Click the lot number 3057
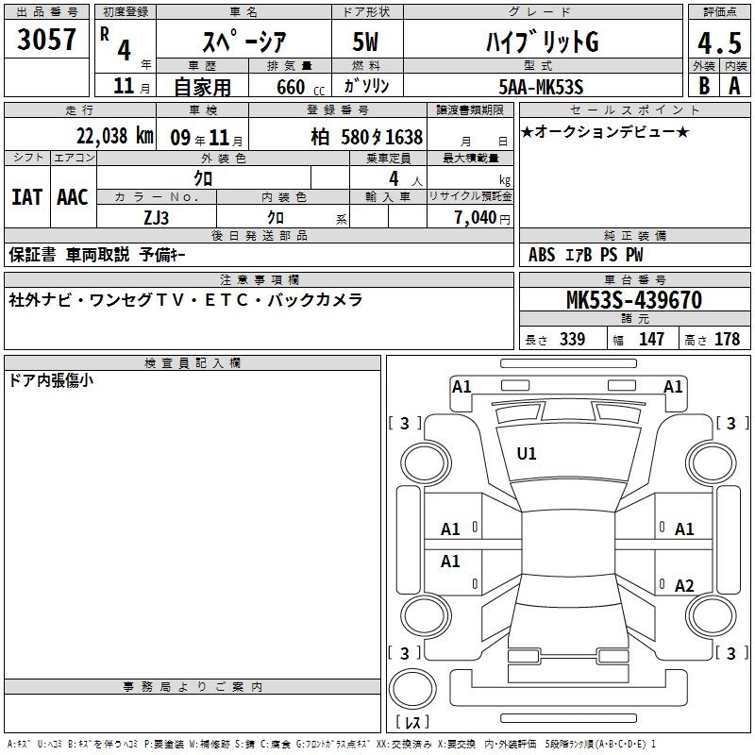[46, 40]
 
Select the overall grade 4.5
[719, 42]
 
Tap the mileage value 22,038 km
[115, 136]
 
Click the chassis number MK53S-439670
[634, 300]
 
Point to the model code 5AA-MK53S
[541, 87]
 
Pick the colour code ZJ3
[156, 218]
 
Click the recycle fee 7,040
[476, 218]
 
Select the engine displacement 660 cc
[300, 88]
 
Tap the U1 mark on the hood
[526, 454]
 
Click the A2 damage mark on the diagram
[684, 585]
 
